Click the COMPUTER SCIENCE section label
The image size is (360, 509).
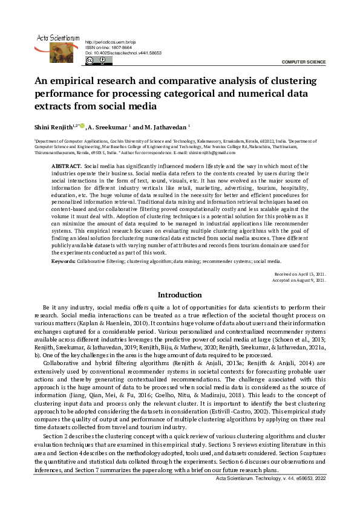304,62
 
